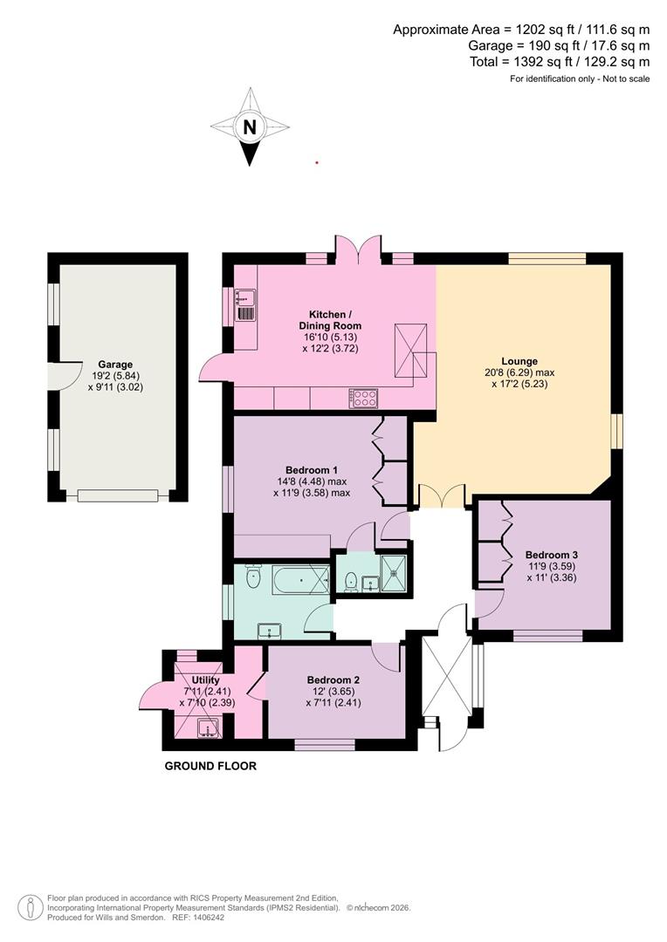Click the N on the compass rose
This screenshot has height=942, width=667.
251,127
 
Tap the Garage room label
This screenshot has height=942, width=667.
115,365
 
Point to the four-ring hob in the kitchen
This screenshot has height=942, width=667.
364,398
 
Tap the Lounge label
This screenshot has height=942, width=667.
519,361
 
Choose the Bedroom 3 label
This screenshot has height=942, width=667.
551,555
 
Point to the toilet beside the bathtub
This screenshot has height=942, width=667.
253,577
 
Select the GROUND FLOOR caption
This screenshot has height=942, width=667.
210,767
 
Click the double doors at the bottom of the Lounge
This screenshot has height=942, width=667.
442,496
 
